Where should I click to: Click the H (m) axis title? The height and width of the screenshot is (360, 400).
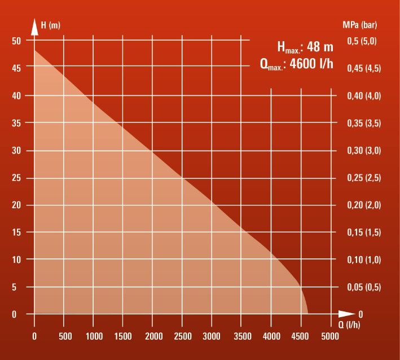coord(51,26)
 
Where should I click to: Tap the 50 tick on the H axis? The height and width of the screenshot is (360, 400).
coord(16,41)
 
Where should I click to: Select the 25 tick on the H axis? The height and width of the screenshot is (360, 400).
coord(16,178)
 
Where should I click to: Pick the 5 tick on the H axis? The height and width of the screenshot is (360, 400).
coord(19,287)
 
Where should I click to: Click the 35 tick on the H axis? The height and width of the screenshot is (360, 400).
coord(16,123)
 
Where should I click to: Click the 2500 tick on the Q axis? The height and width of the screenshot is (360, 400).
coord(183,337)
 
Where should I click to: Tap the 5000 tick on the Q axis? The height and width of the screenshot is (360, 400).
coord(330,337)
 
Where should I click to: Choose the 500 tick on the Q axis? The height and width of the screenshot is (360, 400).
coord(64,337)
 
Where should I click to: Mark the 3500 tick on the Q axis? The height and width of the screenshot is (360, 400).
coord(241,337)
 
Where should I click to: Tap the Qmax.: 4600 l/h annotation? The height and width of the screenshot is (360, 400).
coord(297,63)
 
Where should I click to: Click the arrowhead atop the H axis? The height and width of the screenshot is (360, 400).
coord(34,28)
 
